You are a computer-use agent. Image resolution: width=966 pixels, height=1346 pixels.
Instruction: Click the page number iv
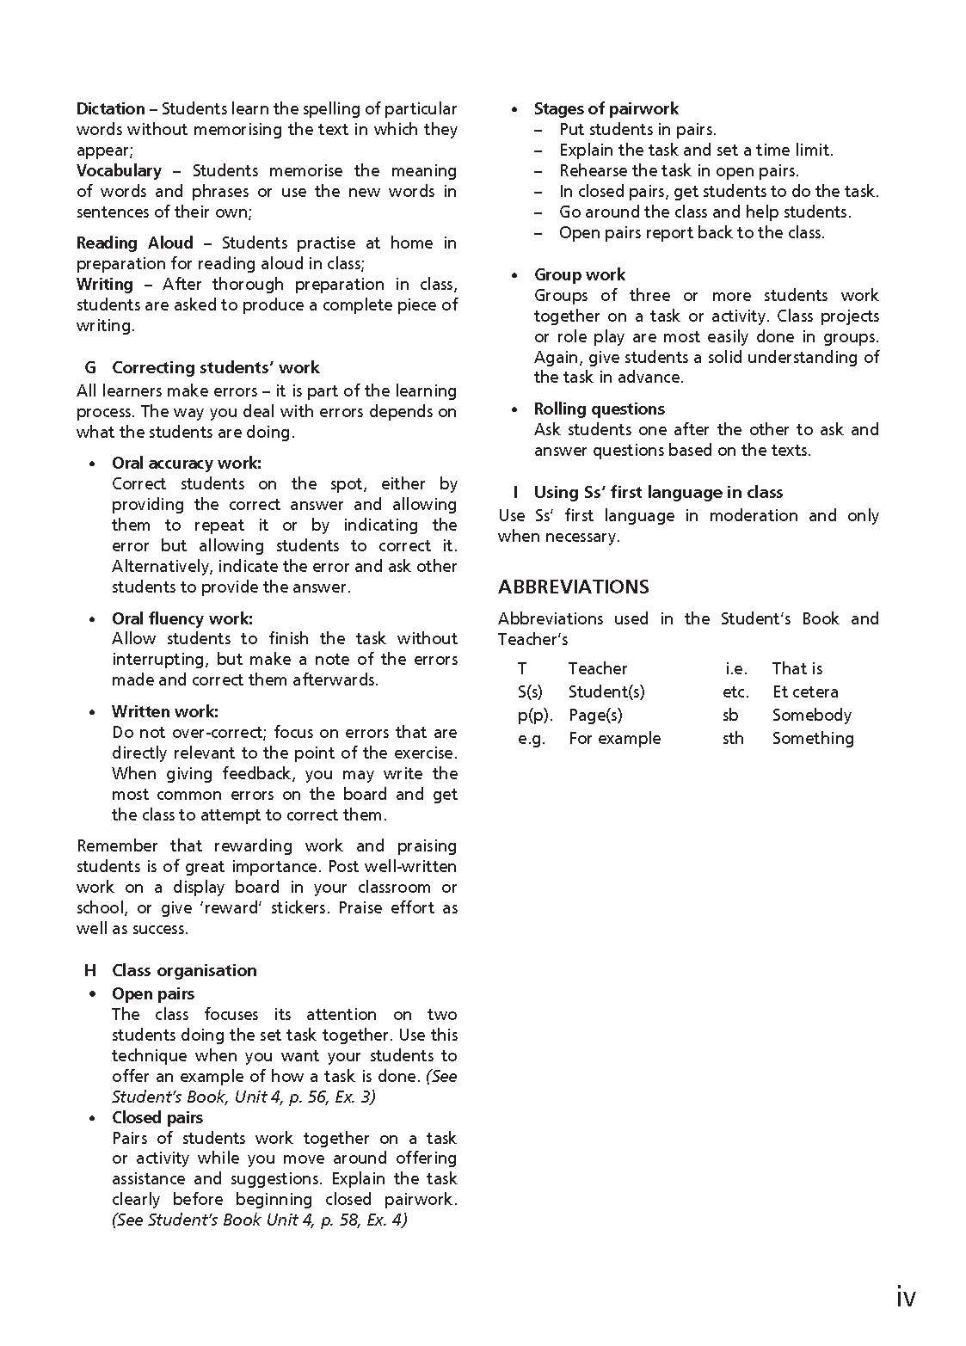pyautogui.click(x=905, y=1296)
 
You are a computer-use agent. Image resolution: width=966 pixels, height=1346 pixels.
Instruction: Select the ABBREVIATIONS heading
pyautogui.click(x=573, y=587)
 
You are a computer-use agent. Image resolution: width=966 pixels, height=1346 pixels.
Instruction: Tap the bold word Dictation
pyautogui.click(x=110, y=109)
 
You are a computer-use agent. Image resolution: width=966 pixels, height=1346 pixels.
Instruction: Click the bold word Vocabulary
pyautogui.click(x=119, y=171)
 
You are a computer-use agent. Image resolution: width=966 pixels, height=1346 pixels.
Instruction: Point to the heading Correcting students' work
pyautogui.click(x=215, y=368)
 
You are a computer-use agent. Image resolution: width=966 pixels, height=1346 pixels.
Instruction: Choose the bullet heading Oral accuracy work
pyautogui.click(x=186, y=464)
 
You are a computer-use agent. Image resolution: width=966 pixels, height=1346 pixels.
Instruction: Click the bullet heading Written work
pyautogui.click(x=164, y=712)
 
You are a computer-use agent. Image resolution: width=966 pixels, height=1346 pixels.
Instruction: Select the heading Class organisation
pyautogui.click(x=184, y=971)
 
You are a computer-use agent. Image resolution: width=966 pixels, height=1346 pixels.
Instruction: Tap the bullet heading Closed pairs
pyautogui.click(x=157, y=1118)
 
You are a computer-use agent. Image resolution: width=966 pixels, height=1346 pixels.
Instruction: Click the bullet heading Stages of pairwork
pyautogui.click(x=606, y=109)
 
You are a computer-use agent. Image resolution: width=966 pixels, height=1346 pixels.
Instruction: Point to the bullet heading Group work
pyautogui.click(x=579, y=275)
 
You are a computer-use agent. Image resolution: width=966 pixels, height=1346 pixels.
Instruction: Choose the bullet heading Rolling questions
pyautogui.click(x=599, y=409)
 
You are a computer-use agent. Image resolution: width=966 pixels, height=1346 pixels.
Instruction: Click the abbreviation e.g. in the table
pyautogui.click(x=531, y=739)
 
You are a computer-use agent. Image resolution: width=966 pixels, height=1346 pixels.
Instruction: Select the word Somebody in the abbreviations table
pyautogui.click(x=811, y=716)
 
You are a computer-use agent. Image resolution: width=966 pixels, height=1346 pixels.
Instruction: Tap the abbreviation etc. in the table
pyautogui.click(x=735, y=692)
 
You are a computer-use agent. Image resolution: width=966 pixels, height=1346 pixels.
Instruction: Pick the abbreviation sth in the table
pyautogui.click(x=733, y=739)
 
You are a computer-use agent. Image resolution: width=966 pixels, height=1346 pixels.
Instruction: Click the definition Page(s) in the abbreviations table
pyautogui.click(x=595, y=716)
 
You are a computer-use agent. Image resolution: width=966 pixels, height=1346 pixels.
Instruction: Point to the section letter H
pyautogui.click(x=90, y=971)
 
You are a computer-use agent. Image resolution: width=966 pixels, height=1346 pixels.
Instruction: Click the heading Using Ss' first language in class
pyautogui.click(x=658, y=493)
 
